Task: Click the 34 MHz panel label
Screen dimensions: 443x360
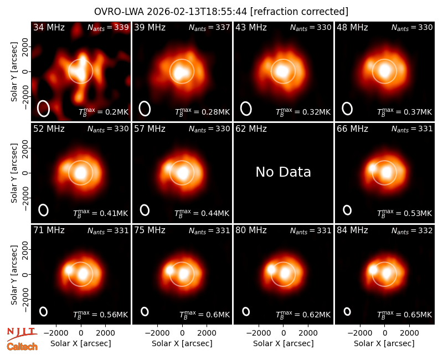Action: coord(49,27)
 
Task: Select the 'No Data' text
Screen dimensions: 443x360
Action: coord(283,172)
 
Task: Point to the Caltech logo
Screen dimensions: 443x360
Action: coord(22,347)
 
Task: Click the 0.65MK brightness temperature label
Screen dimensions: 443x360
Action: coord(405,314)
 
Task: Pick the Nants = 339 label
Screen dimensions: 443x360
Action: coord(108,28)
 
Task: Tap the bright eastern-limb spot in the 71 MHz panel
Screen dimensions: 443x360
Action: coord(69,270)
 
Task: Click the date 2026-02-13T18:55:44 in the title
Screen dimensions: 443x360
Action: coord(197,12)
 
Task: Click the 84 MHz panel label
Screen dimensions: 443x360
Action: coord(352,230)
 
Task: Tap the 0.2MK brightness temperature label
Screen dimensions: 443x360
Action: coord(104,112)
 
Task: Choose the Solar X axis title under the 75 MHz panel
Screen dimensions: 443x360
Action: coord(182,343)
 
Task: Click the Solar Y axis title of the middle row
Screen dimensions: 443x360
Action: coord(14,173)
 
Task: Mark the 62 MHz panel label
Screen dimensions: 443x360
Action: coord(251,129)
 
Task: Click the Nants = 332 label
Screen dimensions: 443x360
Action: coord(412,231)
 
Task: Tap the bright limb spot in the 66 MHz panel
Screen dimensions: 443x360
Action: coord(372,168)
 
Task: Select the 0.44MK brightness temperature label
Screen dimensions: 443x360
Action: coord(202,213)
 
